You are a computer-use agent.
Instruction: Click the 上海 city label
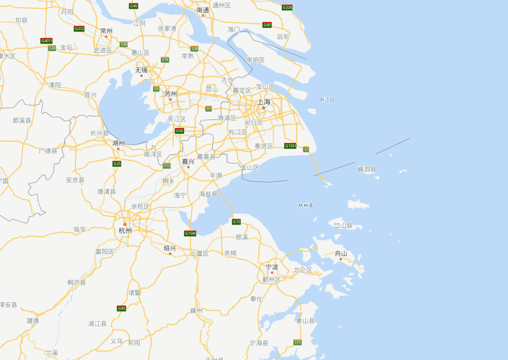[x=264, y=102]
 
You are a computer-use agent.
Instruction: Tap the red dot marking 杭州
[x=125, y=225]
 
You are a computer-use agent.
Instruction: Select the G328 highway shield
[x=287, y=7]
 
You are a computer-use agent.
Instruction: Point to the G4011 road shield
[x=46, y=41]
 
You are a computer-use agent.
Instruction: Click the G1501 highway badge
[x=290, y=146]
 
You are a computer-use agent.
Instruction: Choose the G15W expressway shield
[x=190, y=233]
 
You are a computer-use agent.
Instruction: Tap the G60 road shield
[x=121, y=308]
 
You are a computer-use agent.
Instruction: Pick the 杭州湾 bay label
[x=306, y=206]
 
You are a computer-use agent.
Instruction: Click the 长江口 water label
[x=327, y=100]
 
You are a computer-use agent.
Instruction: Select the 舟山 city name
[x=341, y=253]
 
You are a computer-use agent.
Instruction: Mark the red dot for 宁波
[x=272, y=272]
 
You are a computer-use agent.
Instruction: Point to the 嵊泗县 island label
[x=367, y=169]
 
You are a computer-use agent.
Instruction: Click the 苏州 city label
[x=171, y=93]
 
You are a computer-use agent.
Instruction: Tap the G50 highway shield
[x=179, y=131]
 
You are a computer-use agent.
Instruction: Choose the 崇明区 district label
[x=255, y=60]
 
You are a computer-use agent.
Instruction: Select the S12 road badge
[x=167, y=165]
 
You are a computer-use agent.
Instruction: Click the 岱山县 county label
[x=344, y=225]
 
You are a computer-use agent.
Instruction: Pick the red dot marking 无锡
[x=141, y=75]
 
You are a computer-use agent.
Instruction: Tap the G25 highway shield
[x=117, y=164]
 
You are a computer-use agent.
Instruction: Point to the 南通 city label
[x=203, y=10]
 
